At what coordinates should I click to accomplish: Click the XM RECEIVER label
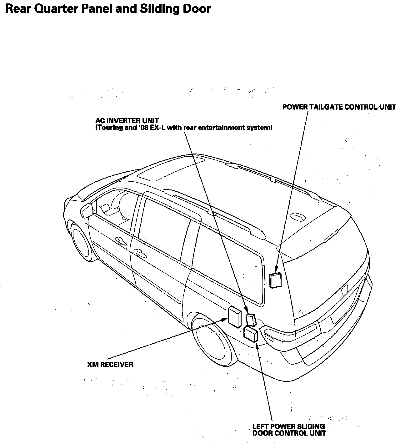(x=110, y=364)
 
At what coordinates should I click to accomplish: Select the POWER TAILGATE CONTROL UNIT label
(x=339, y=107)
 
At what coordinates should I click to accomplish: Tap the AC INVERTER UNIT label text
(x=127, y=121)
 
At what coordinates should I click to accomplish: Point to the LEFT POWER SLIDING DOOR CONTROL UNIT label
(x=289, y=430)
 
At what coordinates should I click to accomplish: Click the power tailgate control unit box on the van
(x=275, y=280)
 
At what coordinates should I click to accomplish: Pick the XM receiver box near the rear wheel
(x=234, y=317)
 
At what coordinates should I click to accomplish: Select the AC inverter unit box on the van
(x=251, y=320)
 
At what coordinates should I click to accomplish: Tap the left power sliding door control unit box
(x=251, y=334)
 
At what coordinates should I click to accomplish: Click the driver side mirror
(x=87, y=210)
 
